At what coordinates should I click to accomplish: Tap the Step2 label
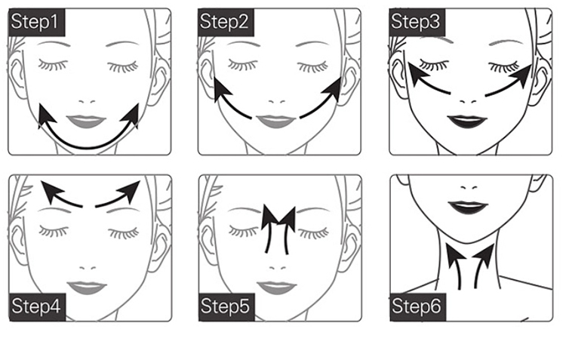click(x=226, y=23)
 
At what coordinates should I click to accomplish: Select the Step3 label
click(x=417, y=23)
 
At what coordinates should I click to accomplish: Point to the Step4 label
click(x=37, y=307)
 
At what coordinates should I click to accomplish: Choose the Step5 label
click(x=226, y=307)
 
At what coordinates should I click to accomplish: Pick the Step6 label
click(x=418, y=307)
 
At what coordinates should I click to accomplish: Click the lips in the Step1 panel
click(x=86, y=122)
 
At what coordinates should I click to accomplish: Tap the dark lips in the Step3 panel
click(x=467, y=122)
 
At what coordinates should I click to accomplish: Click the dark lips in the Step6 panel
click(x=468, y=208)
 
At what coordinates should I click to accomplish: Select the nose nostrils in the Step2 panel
click(x=277, y=102)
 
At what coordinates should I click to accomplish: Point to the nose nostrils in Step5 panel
click(x=278, y=268)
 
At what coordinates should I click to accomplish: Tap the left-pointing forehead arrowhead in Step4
click(x=50, y=191)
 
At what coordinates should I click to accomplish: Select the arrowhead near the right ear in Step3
click(x=524, y=76)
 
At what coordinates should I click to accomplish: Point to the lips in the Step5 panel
click(x=277, y=288)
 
